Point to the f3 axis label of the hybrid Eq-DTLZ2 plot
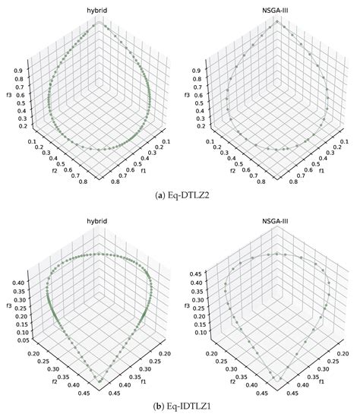point(8,96)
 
